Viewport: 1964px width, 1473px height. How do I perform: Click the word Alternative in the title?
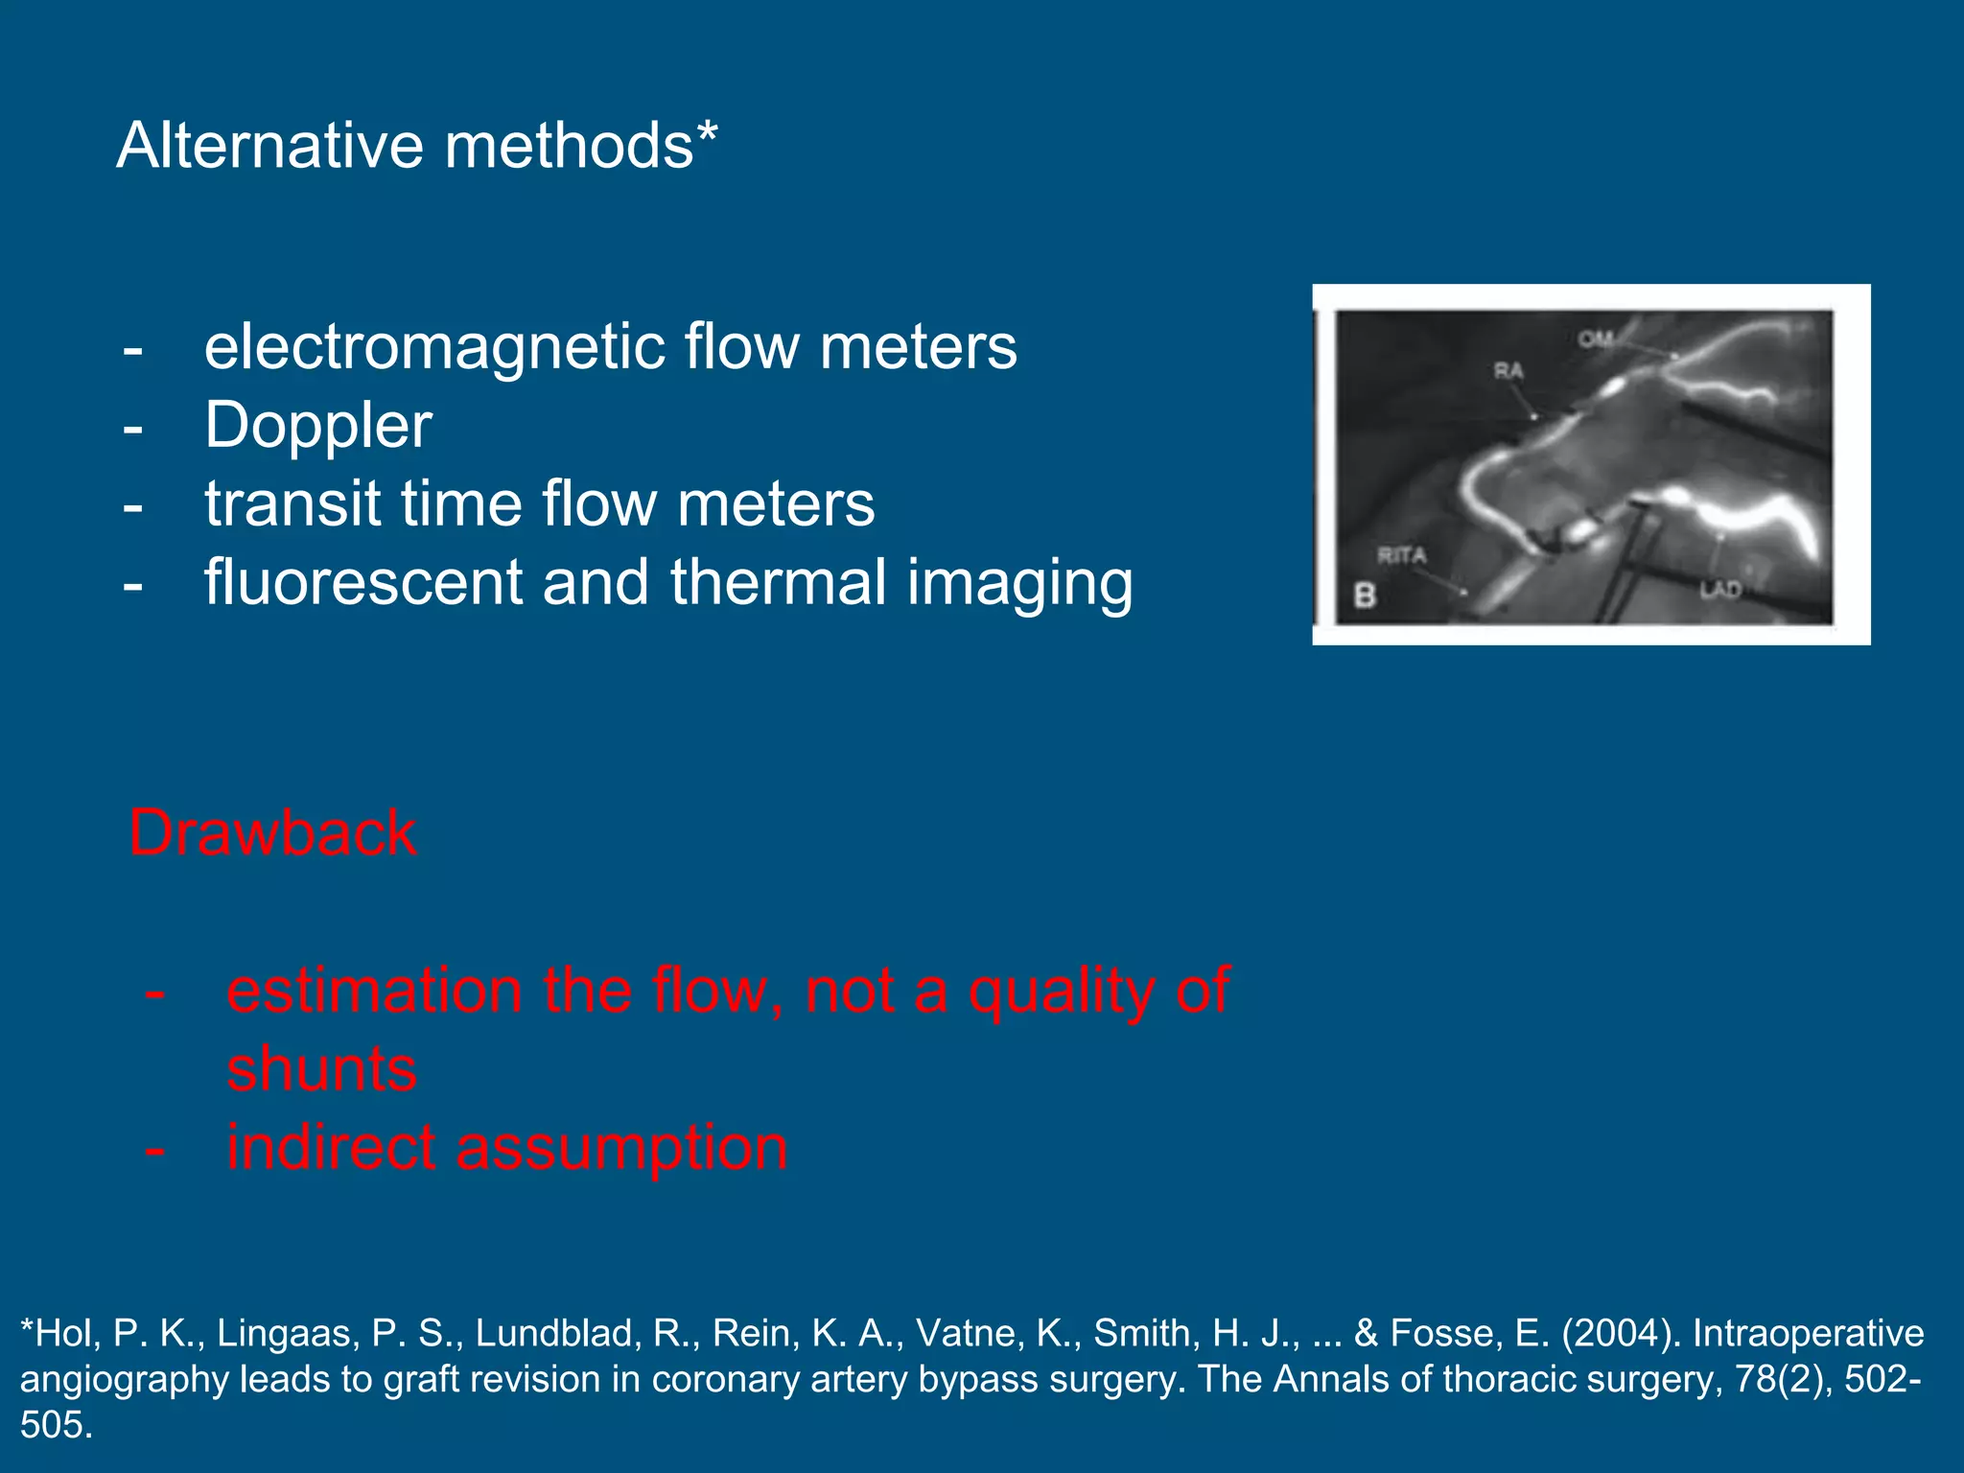click(x=269, y=146)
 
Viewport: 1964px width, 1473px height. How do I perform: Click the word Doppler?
click(x=317, y=426)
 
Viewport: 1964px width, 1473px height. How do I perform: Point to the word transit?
click(x=291, y=503)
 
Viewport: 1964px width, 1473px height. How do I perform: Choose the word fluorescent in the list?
click(x=362, y=582)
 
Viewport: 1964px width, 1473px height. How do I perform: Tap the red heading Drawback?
click(x=272, y=832)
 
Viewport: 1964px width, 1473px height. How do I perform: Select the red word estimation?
click(x=375, y=991)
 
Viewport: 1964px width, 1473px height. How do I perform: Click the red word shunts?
click(x=321, y=1069)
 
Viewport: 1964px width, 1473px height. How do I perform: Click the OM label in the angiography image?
click(x=1596, y=339)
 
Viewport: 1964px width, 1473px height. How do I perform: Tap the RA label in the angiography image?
click(x=1508, y=371)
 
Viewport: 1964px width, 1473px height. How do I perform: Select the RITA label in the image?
click(x=1402, y=555)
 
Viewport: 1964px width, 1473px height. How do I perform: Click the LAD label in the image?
click(x=1720, y=589)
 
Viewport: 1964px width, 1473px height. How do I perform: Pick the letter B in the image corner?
click(x=1365, y=596)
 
